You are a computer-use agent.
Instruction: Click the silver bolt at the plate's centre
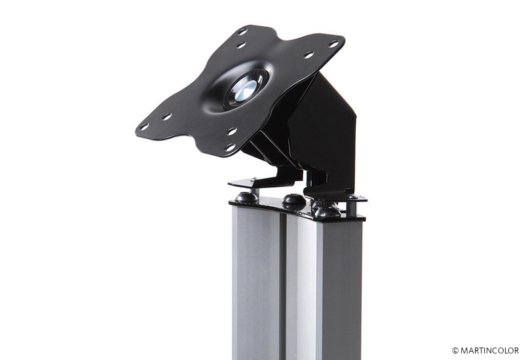[245, 88]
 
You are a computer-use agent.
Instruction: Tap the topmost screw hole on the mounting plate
[242, 31]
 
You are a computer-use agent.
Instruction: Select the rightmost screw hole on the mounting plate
[333, 44]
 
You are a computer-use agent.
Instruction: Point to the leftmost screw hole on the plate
[144, 127]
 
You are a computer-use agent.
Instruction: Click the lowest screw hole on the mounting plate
[231, 147]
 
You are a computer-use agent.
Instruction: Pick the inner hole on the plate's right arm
[309, 54]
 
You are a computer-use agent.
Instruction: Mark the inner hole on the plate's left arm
[167, 117]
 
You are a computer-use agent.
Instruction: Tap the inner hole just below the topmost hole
[241, 45]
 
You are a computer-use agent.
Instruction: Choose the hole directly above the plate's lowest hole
[232, 132]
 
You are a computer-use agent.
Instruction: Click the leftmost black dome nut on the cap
[247, 198]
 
